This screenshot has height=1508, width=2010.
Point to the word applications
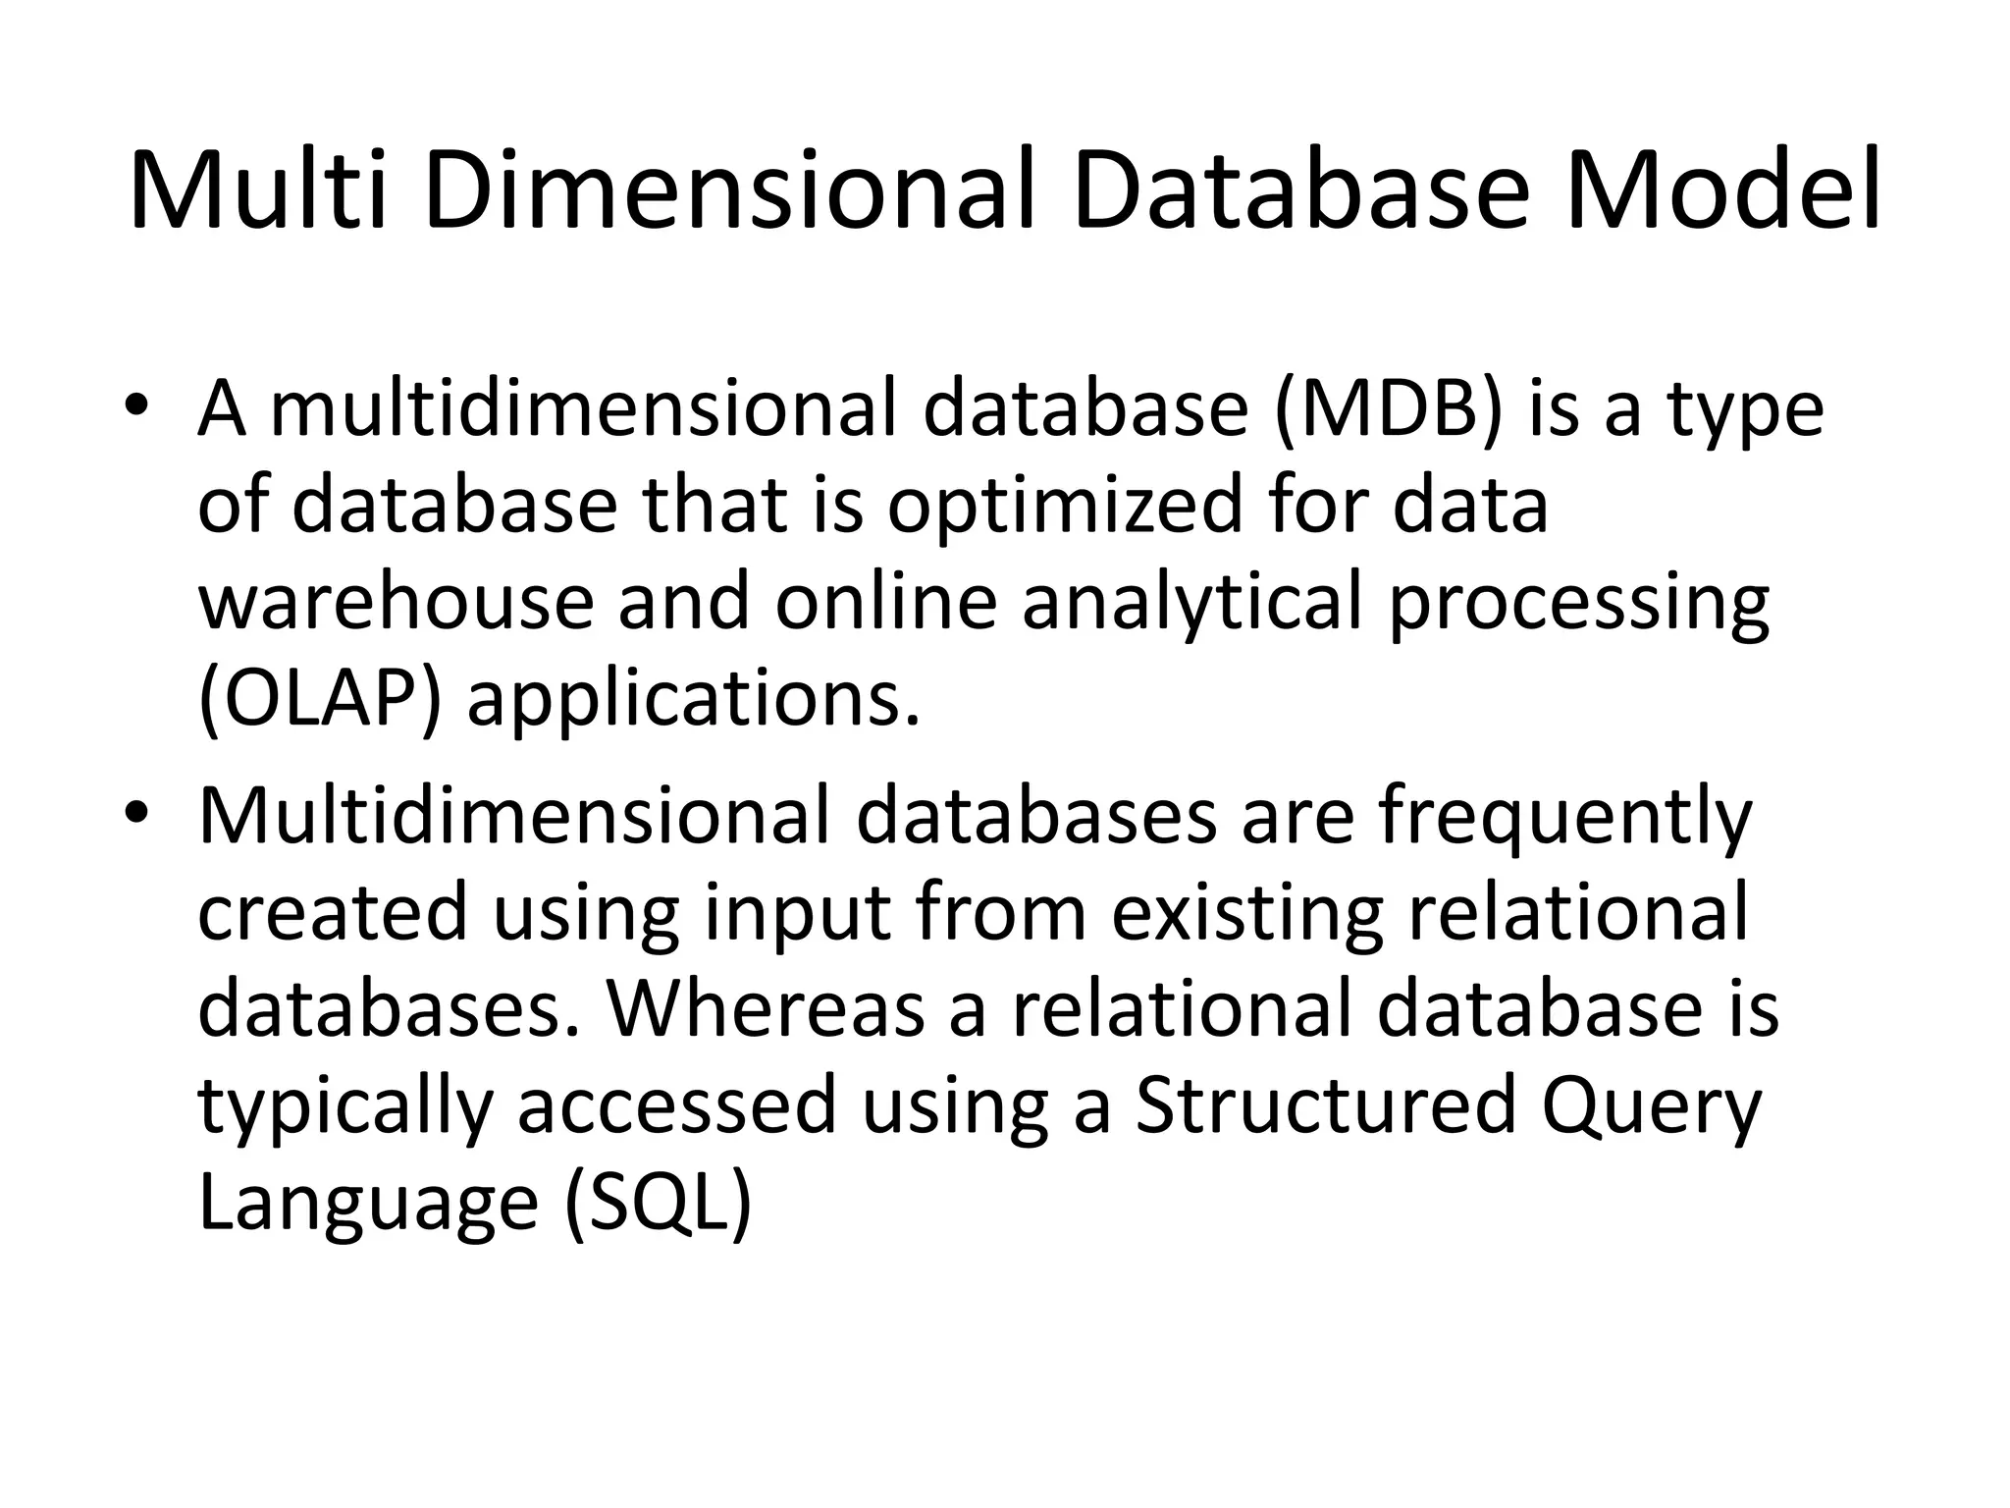pyautogui.click(x=694, y=703)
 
